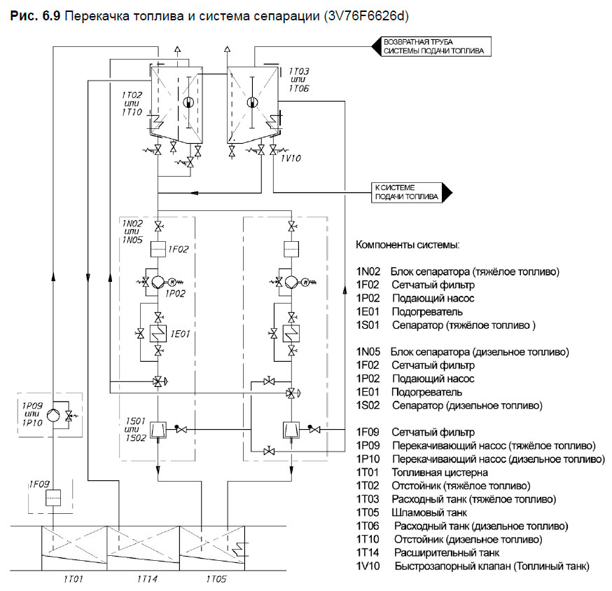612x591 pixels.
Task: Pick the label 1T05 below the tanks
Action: click(x=217, y=580)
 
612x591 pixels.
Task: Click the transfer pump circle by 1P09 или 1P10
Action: click(x=53, y=415)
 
